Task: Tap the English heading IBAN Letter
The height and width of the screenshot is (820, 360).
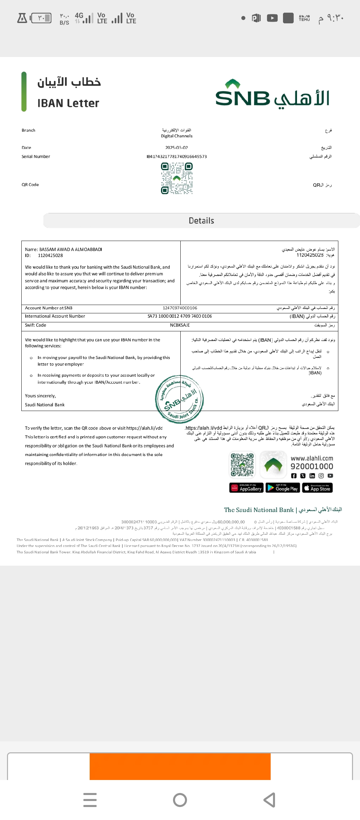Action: point(68,103)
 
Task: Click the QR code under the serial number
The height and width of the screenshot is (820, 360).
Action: point(177,178)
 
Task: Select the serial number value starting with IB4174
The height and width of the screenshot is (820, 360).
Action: point(177,157)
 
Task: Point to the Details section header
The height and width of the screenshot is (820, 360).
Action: point(201,221)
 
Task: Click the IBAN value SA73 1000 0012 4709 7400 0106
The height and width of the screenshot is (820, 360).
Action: point(180,316)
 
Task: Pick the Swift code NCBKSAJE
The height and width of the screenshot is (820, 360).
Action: point(180,325)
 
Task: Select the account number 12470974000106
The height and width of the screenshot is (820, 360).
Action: point(180,308)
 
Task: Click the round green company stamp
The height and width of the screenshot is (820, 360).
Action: point(179,399)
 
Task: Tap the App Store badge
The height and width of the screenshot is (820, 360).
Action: point(317,488)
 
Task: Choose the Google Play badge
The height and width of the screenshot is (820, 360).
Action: point(283,488)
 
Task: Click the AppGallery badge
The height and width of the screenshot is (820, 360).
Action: point(246,488)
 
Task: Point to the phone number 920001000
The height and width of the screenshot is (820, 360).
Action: point(312,467)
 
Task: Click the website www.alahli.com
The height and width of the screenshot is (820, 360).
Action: point(312,459)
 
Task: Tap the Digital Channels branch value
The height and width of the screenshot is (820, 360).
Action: point(177,136)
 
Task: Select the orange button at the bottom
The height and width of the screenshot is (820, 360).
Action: point(180,766)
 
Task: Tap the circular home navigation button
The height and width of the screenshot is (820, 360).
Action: point(180,800)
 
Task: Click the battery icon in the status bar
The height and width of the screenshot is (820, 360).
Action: point(41,18)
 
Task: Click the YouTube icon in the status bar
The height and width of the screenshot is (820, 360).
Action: point(272,18)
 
